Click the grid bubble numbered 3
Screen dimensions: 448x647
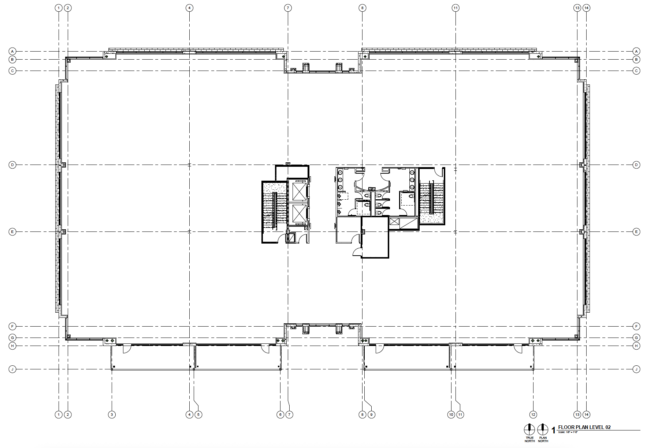click(112, 414)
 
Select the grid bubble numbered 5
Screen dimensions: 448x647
click(198, 414)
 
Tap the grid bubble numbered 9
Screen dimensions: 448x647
click(372, 414)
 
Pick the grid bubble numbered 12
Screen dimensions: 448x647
click(533, 414)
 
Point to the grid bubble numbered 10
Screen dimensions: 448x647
click(451, 414)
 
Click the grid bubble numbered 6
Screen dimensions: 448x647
click(280, 414)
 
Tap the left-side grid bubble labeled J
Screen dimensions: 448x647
click(12, 369)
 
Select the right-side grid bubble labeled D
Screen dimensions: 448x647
click(636, 165)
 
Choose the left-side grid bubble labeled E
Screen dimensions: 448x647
click(12, 232)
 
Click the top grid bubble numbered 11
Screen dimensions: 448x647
click(455, 8)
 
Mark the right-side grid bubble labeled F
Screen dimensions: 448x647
click(636, 326)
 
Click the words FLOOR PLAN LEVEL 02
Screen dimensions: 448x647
click(584, 427)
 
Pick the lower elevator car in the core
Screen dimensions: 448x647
click(299, 214)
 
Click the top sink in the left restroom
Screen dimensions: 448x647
click(340, 172)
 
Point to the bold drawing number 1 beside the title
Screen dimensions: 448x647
click(553, 430)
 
